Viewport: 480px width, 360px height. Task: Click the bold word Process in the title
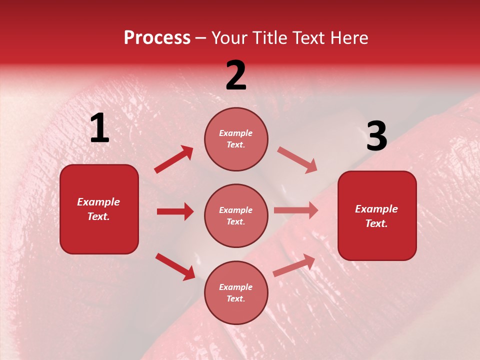coord(157,38)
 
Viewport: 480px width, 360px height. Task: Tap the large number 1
coord(99,128)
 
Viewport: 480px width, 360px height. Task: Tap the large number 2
coord(236,75)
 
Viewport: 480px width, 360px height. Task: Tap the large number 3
coord(376,136)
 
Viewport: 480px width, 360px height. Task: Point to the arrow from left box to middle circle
coord(175,211)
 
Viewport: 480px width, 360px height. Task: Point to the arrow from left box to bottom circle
coord(175,266)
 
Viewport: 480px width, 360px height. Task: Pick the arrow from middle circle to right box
coord(296,210)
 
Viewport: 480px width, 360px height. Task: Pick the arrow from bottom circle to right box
coord(294,265)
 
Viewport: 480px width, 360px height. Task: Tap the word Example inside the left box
coord(98,202)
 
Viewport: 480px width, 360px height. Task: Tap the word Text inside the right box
coord(375,223)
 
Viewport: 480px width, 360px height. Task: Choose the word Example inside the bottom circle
coord(235,287)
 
